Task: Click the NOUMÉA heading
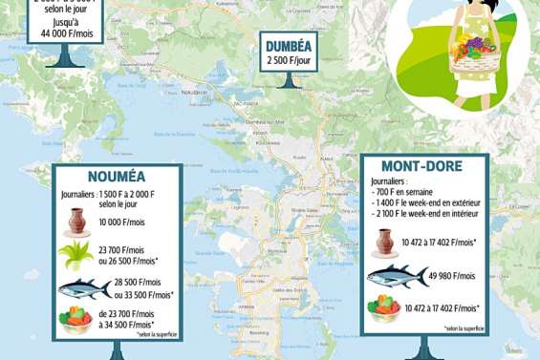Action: pos(116,177)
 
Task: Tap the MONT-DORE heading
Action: pos(422,166)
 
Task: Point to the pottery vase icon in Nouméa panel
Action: pos(78,222)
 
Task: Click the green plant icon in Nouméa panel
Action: pos(76,256)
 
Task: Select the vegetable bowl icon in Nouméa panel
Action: pos(78,321)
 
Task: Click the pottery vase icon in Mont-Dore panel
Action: pos(384,242)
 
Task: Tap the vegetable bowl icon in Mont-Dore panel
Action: pos(384,307)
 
